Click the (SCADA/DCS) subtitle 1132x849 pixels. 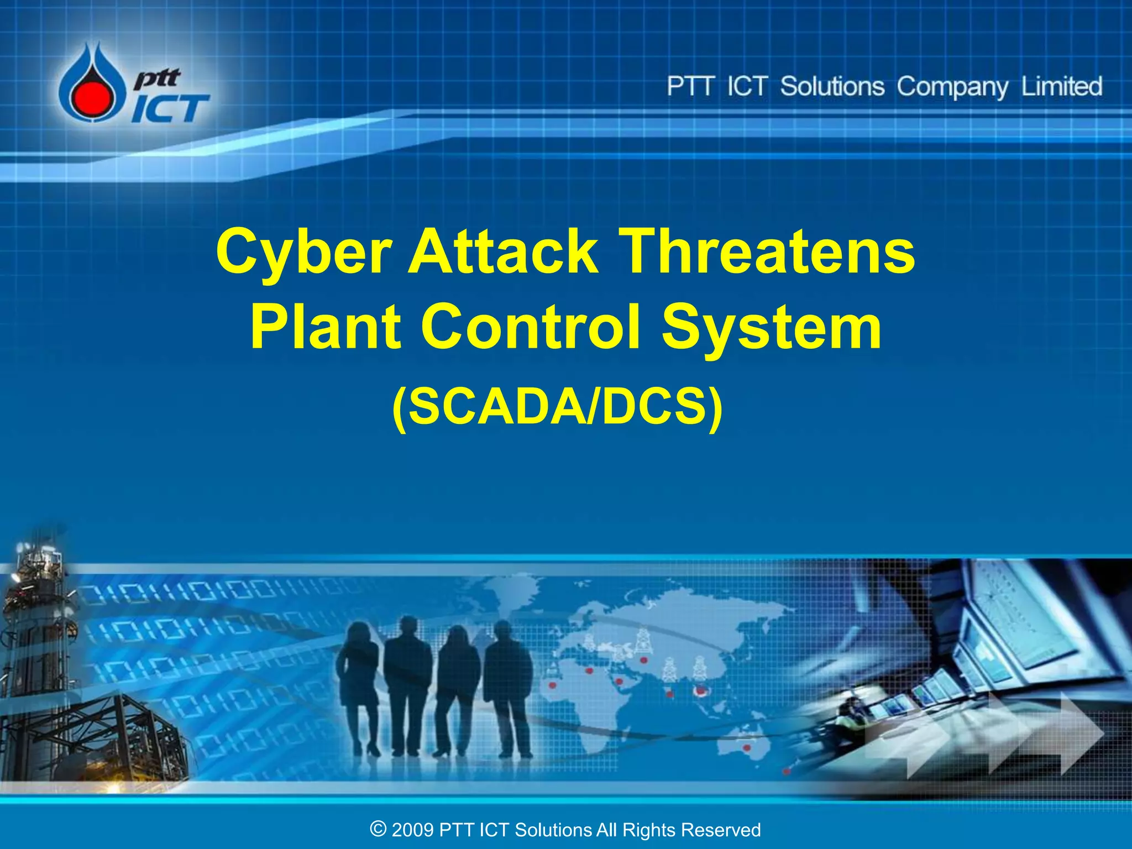pyautogui.click(x=557, y=407)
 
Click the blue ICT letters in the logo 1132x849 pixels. pyautogui.click(x=170, y=108)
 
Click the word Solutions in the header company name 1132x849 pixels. pyautogui.click(x=832, y=87)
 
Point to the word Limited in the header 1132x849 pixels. pyautogui.click(x=1061, y=87)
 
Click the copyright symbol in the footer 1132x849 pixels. pyautogui.click(x=378, y=829)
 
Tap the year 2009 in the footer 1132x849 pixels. pyautogui.click(x=412, y=830)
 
